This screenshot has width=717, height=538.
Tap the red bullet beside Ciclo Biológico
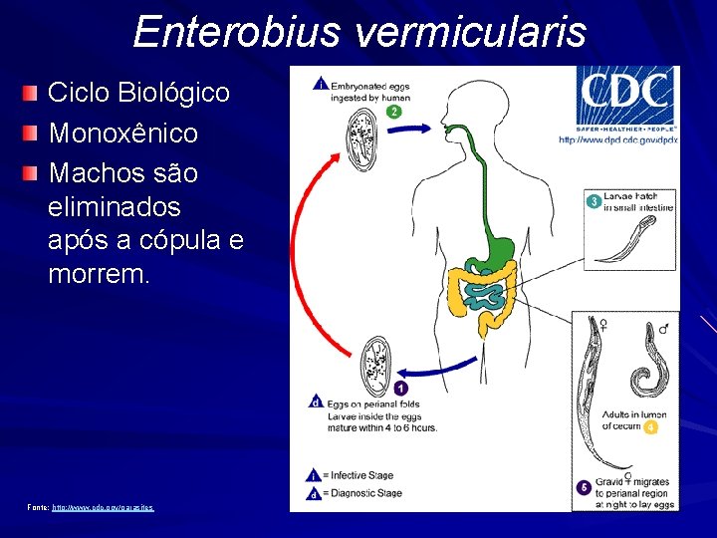(x=33, y=94)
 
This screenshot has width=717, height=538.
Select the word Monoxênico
(x=122, y=133)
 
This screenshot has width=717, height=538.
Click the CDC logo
(x=626, y=97)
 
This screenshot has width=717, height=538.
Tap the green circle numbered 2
(x=393, y=112)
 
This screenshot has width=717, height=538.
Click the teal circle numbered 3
(x=594, y=201)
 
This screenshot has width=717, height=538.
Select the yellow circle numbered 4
(x=650, y=427)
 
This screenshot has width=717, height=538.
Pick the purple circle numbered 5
(x=584, y=487)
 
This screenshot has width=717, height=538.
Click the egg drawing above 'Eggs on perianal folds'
(x=379, y=363)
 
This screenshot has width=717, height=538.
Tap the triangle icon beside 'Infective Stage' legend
(x=316, y=475)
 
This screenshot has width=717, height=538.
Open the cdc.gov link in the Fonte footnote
(x=103, y=507)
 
